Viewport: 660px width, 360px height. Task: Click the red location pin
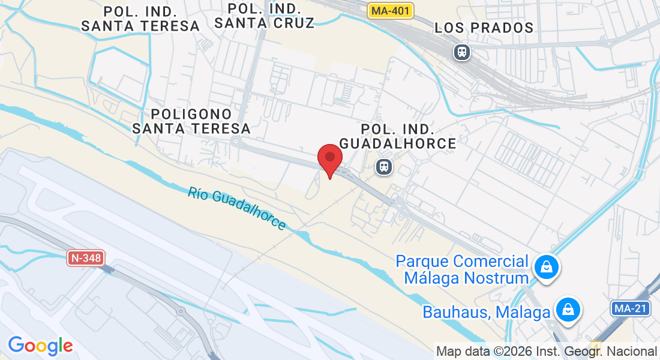[329, 159]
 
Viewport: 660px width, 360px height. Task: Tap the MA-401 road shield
[391, 11]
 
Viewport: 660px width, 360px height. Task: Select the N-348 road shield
[85, 259]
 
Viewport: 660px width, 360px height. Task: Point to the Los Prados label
[484, 28]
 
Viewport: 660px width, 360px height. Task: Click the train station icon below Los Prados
[462, 52]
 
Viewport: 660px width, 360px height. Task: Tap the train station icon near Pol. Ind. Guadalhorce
[384, 167]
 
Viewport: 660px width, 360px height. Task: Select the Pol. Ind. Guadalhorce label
[398, 136]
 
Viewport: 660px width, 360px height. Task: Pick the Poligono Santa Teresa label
[191, 121]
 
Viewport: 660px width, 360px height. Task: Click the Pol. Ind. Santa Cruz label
[265, 16]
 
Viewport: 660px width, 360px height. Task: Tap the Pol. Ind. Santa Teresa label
[140, 19]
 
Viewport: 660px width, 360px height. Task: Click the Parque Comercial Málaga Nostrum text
[463, 269]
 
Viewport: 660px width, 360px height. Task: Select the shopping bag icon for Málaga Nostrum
[547, 268]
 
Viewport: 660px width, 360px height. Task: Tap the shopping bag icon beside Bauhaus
[567, 310]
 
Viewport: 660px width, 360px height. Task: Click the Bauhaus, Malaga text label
[487, 312]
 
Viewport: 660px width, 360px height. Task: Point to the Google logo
[40, 346]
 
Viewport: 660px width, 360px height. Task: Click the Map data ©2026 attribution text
[547, 352]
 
